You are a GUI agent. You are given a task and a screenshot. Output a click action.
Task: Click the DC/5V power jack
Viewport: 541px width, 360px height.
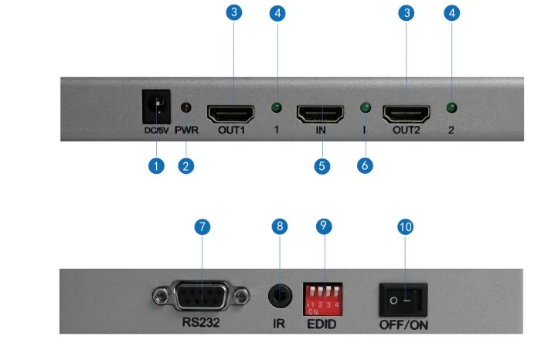coord(156,107)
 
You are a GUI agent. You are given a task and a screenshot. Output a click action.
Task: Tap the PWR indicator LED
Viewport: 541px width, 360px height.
coord(186,107)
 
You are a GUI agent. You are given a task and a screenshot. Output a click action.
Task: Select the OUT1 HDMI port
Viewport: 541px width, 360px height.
coord(230,114)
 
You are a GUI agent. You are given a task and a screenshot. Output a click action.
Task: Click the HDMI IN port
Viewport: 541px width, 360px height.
coord(320,114)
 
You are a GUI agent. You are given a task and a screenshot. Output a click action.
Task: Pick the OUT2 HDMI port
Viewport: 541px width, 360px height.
coord(406,114)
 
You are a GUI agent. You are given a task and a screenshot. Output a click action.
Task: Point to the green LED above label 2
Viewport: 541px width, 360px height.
coord(451,108)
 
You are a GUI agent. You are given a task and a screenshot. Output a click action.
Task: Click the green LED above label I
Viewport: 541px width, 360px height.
coord(366,107)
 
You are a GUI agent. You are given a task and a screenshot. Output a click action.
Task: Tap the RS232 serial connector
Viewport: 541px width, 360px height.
coord(201,296)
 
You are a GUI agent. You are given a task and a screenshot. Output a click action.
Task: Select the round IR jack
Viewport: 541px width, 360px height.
coord(280,296)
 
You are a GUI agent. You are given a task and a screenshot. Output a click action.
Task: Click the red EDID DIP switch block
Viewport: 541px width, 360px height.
coord(322,299)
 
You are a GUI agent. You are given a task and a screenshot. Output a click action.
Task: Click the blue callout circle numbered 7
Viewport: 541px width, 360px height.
coord(202,227)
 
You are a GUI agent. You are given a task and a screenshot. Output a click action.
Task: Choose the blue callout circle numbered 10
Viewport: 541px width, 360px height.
coord(406,227)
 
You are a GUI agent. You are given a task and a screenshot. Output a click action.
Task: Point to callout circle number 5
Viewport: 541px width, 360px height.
coord(322,166)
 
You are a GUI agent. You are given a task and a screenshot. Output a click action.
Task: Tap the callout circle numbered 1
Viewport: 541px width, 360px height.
coord(156,166)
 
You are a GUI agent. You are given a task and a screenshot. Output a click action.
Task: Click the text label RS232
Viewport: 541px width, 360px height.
coord(201,322)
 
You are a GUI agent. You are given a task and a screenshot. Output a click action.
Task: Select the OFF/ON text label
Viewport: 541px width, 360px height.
coord(403,324)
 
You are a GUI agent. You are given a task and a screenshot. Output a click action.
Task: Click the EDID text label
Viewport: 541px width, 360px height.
coord(322,324)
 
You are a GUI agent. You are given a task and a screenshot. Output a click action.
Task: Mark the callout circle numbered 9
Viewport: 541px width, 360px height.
coord(324,226)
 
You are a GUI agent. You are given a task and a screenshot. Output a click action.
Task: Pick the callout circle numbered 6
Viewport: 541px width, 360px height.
coord(365,166)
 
